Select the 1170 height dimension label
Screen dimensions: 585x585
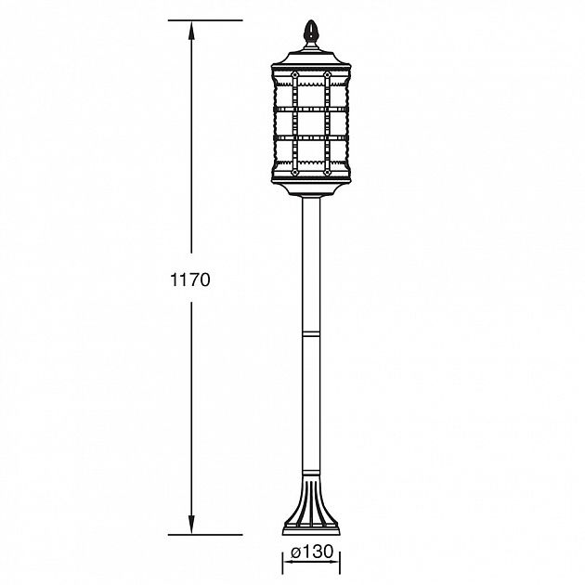pyautogui.click(x=192, y=279)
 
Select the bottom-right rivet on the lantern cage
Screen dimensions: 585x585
pyautogui.click(x=327, y=170)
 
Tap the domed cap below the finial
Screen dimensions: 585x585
pyautogui.click(x=312, y=51)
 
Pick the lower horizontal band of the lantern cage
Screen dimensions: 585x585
pyautogui.click(x=312, y=138)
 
